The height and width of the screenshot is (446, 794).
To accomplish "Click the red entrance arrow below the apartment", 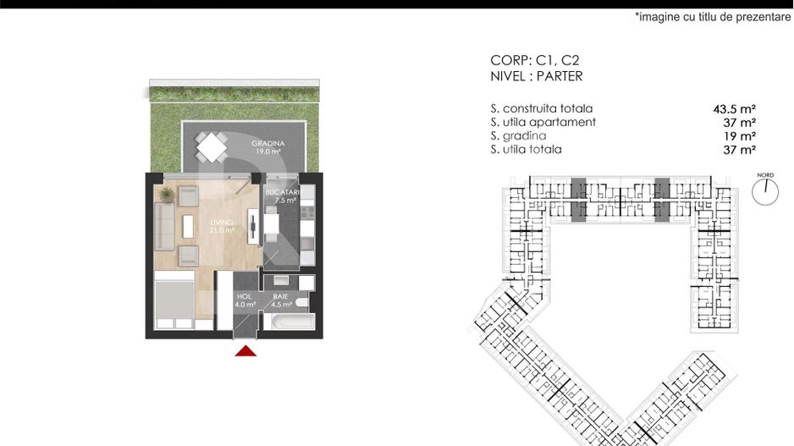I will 245,350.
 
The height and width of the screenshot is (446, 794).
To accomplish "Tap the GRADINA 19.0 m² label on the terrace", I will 267,147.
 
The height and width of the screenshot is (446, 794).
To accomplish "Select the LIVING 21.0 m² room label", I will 222,225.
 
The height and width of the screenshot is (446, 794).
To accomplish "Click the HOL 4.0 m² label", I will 245,300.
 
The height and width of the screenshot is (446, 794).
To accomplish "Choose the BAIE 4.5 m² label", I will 280,300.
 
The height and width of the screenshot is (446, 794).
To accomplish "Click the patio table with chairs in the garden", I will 212,148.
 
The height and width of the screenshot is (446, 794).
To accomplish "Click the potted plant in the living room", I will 167,195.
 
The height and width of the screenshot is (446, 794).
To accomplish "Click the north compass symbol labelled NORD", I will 765,190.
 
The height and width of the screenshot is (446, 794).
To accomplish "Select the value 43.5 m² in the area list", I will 734,109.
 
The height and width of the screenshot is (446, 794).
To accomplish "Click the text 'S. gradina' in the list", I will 518,136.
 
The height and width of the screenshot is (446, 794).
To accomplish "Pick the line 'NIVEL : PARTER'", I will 537,76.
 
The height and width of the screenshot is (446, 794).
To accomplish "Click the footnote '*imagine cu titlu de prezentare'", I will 713,17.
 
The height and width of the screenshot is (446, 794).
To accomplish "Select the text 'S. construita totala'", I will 542,109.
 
